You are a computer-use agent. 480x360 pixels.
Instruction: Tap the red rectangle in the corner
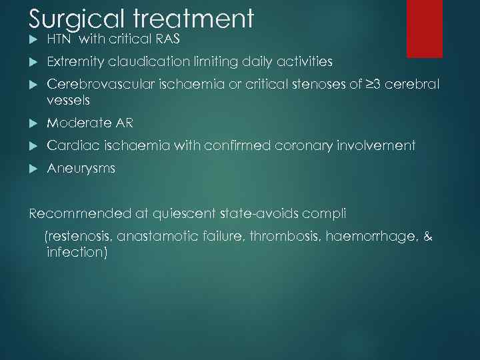pos(425,28)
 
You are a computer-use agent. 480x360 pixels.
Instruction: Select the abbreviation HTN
pos(59,39)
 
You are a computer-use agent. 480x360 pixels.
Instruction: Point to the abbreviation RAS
pos(168,39)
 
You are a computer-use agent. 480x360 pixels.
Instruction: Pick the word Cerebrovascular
pos(100,85)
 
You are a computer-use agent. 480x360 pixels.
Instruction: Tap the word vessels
pos(68,100)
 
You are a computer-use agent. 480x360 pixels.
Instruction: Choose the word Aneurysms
pos(81,169)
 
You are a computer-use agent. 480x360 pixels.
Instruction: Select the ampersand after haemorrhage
pos(427,236)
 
